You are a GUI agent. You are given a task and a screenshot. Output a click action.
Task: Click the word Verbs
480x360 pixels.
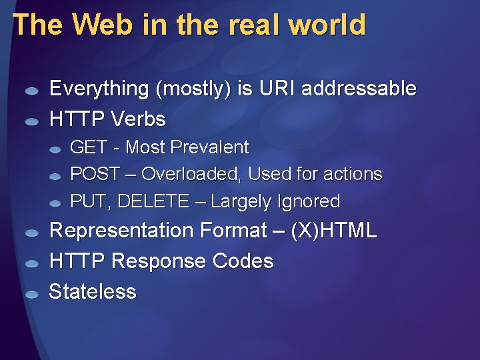[138, 119]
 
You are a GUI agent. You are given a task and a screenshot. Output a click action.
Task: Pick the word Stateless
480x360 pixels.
[93, 292]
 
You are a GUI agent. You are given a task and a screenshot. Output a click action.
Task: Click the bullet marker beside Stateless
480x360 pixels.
[31, 293]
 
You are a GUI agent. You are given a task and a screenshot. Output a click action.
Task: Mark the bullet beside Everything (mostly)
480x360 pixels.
[31, 91]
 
